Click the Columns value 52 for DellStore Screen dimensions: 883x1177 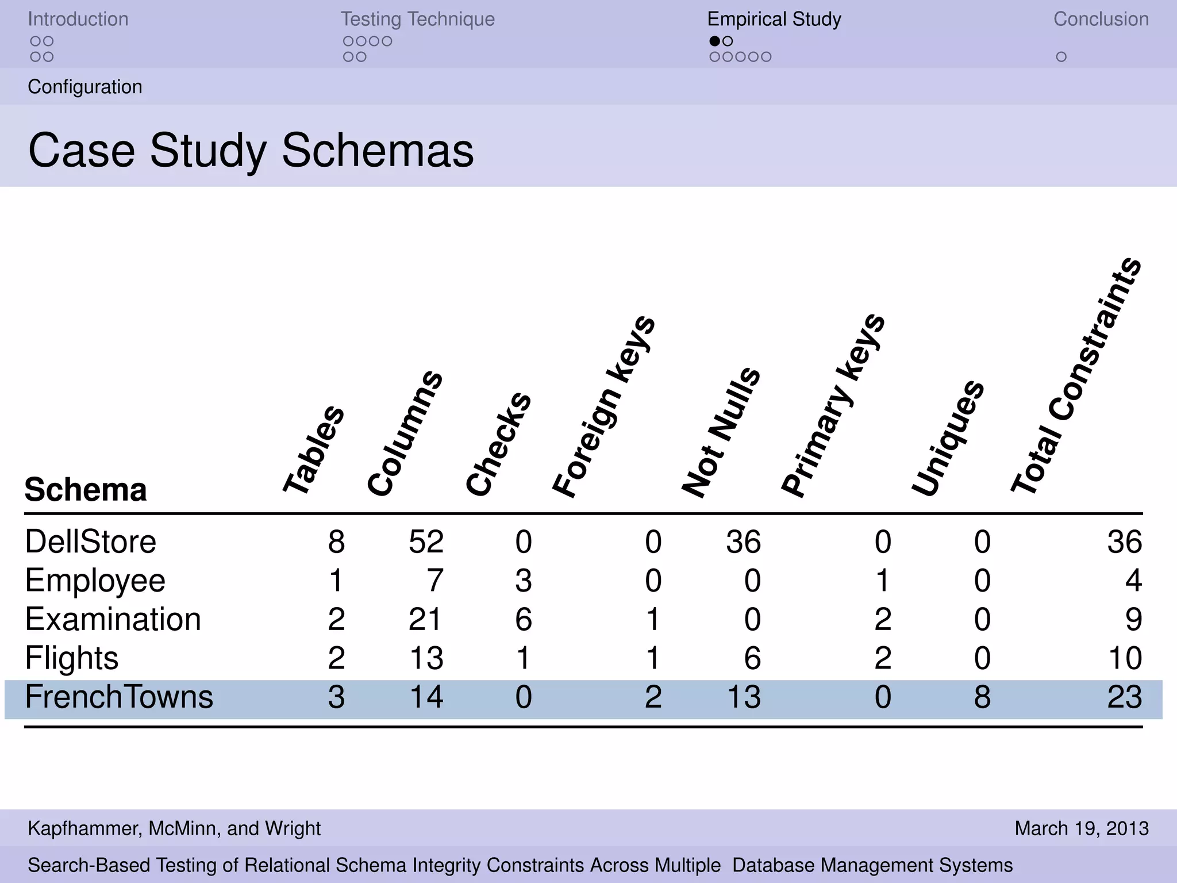tap(426, 542)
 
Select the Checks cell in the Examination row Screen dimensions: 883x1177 tap(523, 620)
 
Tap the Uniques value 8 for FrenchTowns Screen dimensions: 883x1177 tap(982, 697)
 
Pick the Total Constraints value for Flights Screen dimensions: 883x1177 tap(1124, 658)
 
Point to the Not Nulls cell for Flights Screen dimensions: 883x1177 tap(752, 658)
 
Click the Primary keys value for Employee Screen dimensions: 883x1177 tap(883, 581)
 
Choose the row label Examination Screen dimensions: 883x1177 tap(113, 620)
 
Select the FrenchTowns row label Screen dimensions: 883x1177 tap(119, 697)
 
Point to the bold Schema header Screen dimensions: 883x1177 tap(86, 490)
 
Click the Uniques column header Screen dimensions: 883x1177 tap(948, 438)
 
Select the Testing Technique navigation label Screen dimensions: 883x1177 tap(418, 19)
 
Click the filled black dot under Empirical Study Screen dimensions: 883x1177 tap(714, 41)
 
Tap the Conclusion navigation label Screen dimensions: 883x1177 tap(1101, 19)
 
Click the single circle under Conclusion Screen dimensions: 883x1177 tap(1061, 57)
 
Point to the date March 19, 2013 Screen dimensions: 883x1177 tap(1082, 828)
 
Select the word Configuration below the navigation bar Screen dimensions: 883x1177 tap(85, 87)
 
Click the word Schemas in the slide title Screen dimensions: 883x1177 tap(378, 151)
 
